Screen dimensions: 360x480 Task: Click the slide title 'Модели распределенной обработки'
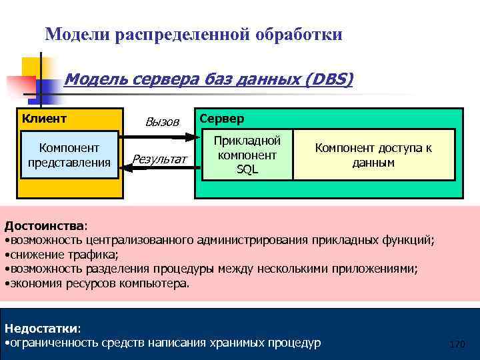click(x=193, y=33)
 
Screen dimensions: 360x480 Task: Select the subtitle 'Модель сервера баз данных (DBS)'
click(x=208, y=80)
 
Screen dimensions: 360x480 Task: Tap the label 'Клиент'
click(x=45, y=119)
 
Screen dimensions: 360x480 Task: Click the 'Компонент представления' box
click(x=69, y=155)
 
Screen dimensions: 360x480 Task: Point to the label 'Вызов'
click(x=162, y=122)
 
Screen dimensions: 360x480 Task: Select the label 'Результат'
click(x=159, y=159)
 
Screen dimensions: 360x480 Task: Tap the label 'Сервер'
click(x=222, y=119)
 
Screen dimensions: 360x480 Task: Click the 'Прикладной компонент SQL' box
click(x=247, y=155)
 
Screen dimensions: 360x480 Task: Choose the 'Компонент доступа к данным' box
click(x=373, y=155)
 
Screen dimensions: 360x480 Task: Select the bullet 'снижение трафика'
click(x=63, y=254)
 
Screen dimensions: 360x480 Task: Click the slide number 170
click(x=457, y=344)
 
